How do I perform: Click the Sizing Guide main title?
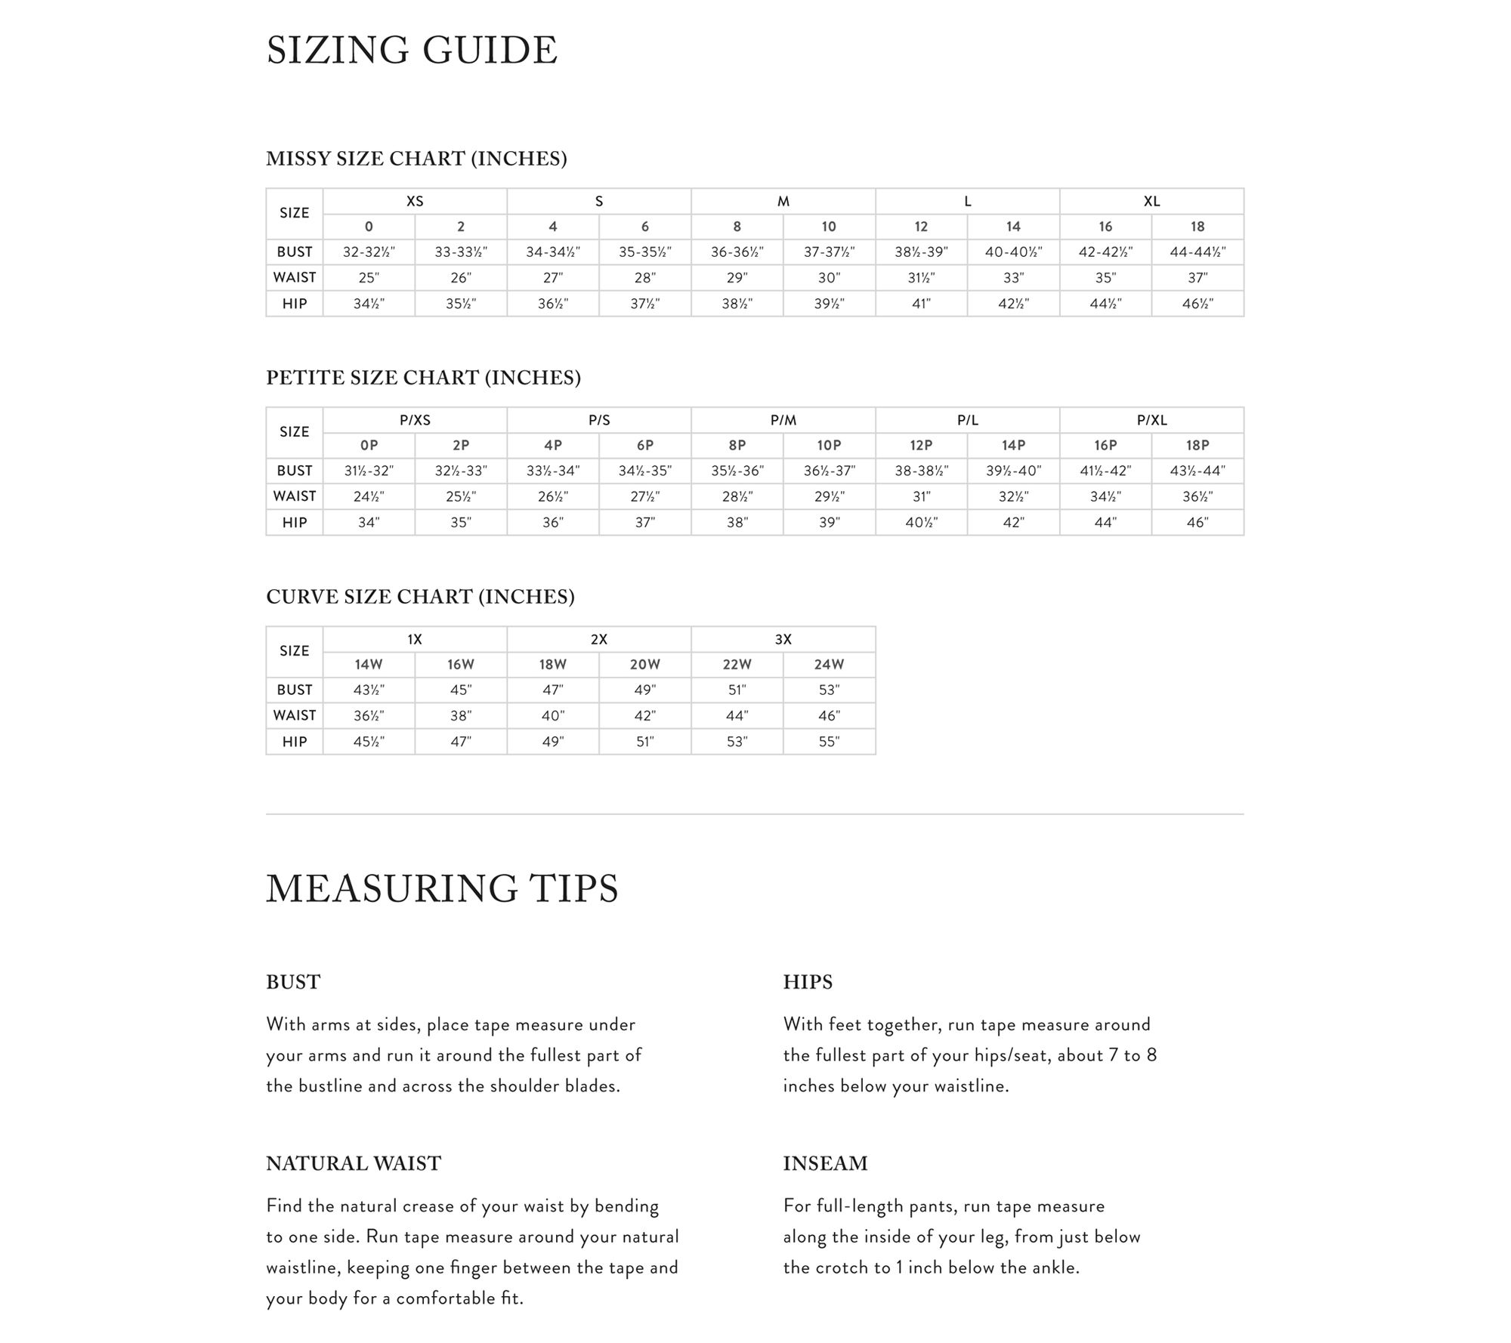click(x=412, y=51)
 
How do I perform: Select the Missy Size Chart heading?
click(x=416, y=159)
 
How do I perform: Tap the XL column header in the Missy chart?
click(x=1151, y=202)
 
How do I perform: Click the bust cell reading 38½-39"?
click(x=921, y=252)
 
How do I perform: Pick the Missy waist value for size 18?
click(x=1197, y=278)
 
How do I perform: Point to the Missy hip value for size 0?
click(x=369, y=304)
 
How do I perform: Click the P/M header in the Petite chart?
click(x=783, y=421)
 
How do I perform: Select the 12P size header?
click(x=921, y=446)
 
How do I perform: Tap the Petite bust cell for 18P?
click(x=1197, y=471)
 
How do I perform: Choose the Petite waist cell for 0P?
click(x=369, y=497)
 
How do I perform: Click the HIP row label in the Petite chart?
click(x=295, y=523)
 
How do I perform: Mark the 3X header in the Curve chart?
click(x=783, y=640)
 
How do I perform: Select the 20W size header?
click(x=644, y=665)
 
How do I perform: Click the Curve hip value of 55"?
click(x=829, y=742)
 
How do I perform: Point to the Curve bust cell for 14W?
click(x=369, y=690)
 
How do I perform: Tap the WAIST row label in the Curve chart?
click(x=295, y=715)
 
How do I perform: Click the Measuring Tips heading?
click(x=442, y=888)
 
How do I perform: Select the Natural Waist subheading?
click(x=354, y=1163)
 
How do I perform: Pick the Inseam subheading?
click(x=825, y=1163)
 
